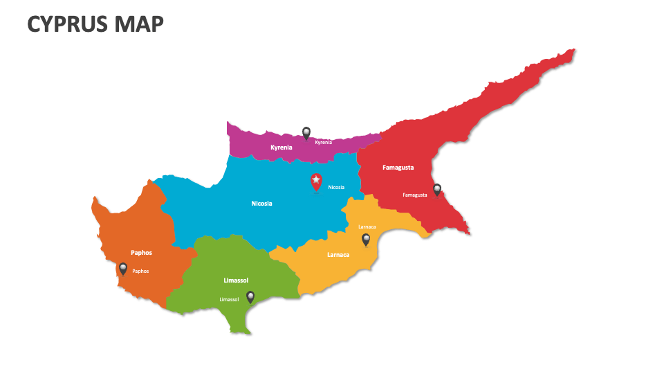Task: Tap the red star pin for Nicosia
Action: pyautogui.click(x=316, y=181)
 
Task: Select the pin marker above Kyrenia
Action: pyautogui.click(x=306, y=132)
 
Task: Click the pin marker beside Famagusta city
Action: pyautogui.click(x=437, y=189)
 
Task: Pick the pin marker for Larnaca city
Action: pyautogui.click(x=366, y=240)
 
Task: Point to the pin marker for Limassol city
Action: pyautogui.click(x=250, y=296)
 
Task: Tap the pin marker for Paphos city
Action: pyautogui.click(x=123, y=269)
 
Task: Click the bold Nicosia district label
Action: pyautogui.click(x=261, y=204)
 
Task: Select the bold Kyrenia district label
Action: pyautogui.click(x=282, y=148)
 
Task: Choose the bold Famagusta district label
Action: pyautogui.click(x=398, y=168)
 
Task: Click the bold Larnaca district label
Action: pyautogui.click(x=338, y=255)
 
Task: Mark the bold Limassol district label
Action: pyautogui.click(x=236, y=280)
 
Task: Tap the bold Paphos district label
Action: pyautogui.click(x=141, y=253)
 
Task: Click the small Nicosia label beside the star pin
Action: pyautogui.click(x=336, y=188)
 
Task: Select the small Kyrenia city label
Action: pyautogui.click(x=324, y=143)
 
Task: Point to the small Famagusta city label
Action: pyautogui.click(x=415, y=195)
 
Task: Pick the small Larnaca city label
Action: pyautogui.click(x=367, y=227)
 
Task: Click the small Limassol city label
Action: pyautogui.click(x=229, y=299)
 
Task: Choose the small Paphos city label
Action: pyautogui.click(x=140, y=271)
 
